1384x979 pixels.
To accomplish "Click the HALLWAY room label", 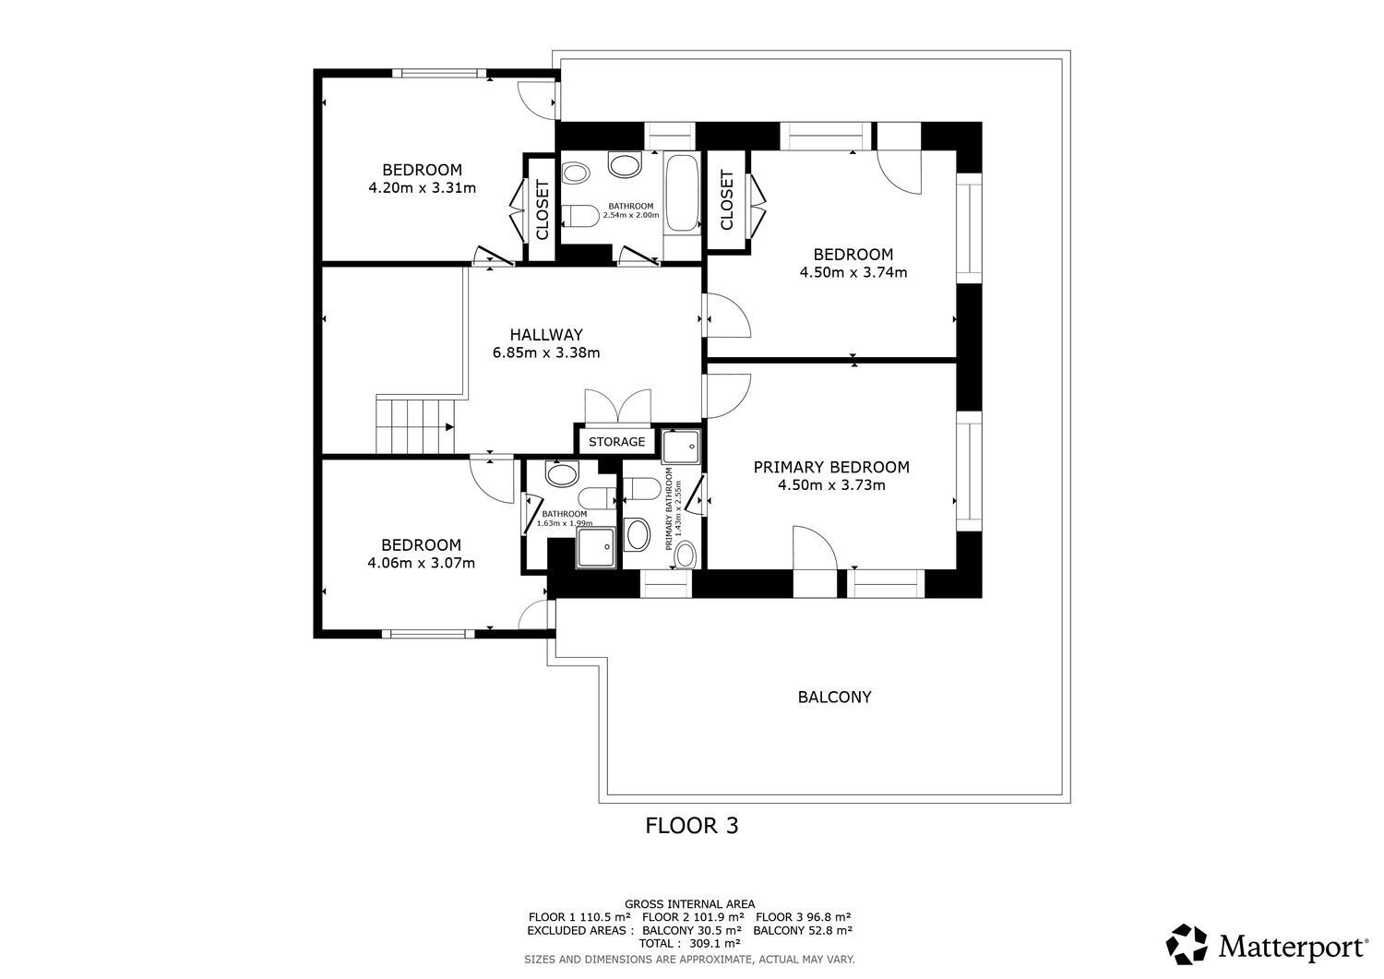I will coord(546,335).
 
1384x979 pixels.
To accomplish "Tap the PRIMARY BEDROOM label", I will coord(830,467).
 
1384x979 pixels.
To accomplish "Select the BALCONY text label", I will coord(834,697).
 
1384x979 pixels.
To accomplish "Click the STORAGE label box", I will coord(616,442).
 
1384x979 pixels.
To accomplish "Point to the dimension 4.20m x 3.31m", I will coord(422,188).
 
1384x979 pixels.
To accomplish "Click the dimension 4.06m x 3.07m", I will coord(421,563).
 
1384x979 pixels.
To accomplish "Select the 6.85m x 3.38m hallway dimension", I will coord(546,352).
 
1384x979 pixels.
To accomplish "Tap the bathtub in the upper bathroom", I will coord(682,193).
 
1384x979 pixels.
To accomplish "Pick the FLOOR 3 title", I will coord(691,826).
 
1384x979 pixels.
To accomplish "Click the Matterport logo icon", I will coord(1187,945).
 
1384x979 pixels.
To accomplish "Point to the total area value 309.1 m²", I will coord(714,944).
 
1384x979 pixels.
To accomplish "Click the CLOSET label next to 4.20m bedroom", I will coord(542,209).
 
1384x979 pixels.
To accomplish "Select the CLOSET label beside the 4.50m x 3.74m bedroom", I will coord(726,200).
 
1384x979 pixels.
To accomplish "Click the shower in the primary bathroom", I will coord(682,447).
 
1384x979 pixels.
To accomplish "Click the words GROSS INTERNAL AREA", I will coord(689,904).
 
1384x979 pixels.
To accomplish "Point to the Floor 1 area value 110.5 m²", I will coord(605,917).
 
